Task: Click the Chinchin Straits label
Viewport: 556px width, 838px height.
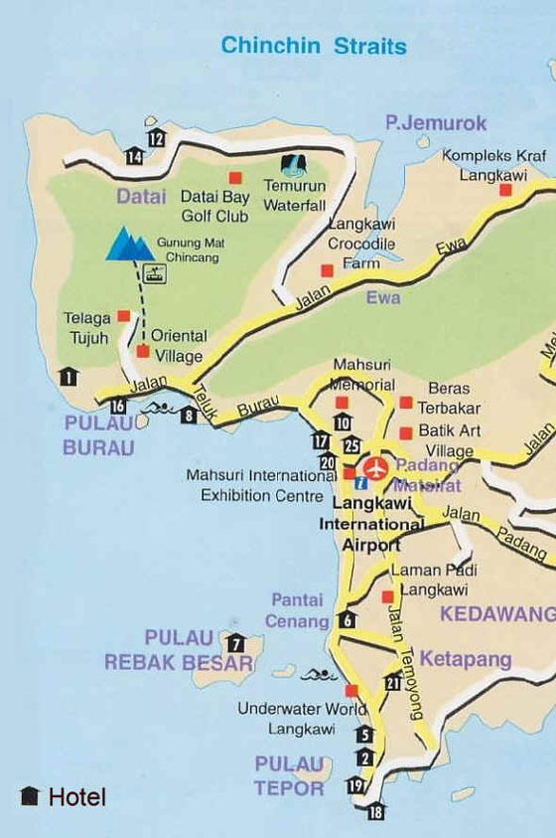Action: point(313,46)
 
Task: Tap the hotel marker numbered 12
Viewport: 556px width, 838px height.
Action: point(156,138)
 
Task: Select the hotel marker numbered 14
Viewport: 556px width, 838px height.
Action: point(133,155)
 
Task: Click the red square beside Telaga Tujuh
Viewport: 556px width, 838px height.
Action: point(124,316)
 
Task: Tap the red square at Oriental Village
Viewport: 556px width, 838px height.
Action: point(143,351)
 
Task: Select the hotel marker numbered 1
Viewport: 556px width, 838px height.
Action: point(68,376)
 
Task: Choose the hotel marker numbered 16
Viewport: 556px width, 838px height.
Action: point(118,405)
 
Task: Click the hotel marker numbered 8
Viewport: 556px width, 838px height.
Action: point(189,416)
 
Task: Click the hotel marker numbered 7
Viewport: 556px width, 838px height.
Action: point(235,642)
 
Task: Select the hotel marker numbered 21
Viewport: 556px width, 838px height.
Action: point(393,681)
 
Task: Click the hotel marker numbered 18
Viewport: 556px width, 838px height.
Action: point(375,812)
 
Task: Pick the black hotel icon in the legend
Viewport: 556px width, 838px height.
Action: point(30,796)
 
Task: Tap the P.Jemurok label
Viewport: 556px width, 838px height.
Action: point(437,123)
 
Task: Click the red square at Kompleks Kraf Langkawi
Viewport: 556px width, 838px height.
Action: point(505,189)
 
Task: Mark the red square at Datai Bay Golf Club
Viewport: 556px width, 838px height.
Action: point(236,178)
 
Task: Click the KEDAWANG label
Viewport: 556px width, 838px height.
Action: point(496,613)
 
